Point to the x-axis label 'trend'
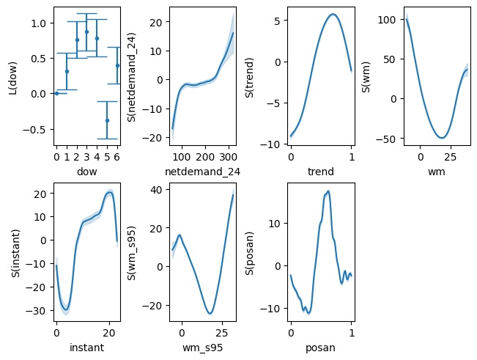click(321, 172)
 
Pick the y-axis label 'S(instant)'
click(15, 251)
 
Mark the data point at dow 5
click(107, 120)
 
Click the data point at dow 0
click(56, 93)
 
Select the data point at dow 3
click(86, 32)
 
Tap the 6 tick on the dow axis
click(117, 157)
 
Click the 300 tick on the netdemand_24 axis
click(229, 157)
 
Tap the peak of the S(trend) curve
click(333, 14)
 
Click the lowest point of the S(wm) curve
click(442, 138)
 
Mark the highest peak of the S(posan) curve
click(328, 191)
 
